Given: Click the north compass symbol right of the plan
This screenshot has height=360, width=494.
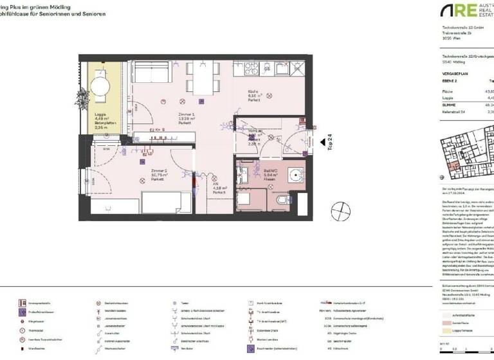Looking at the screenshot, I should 339,212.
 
